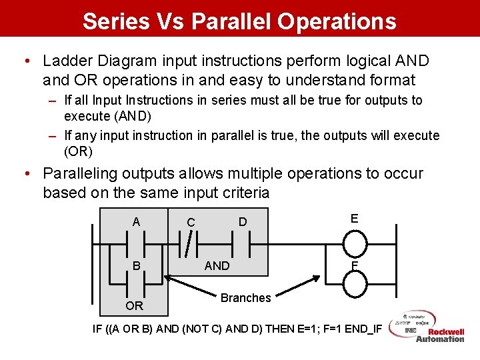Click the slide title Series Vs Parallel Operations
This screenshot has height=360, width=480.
pos(239,21)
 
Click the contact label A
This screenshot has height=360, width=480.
pos(137,222)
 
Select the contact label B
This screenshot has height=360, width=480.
pos(137,266)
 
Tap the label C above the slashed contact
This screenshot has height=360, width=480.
pos(191,222)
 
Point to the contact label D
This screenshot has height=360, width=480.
pos(243,221)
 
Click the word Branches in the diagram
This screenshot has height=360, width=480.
pos(245,298)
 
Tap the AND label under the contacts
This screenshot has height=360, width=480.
pos(217,266)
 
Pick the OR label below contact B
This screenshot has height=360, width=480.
pos(135,306)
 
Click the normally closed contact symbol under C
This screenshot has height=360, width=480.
pos(191,245)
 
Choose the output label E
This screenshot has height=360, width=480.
pos(354,218)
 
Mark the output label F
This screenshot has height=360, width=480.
pos(354,266)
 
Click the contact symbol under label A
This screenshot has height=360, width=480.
pos(137,244)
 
